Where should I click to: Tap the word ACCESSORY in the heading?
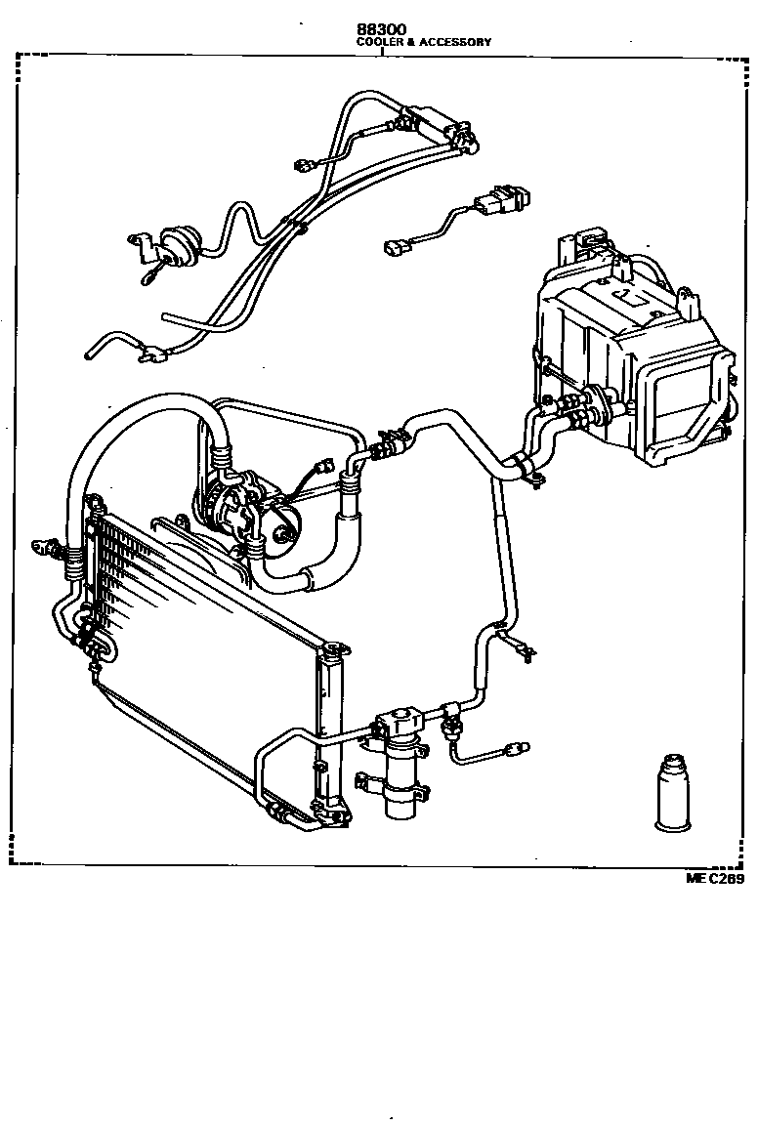[457, 43]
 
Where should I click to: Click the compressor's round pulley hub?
[283, 532]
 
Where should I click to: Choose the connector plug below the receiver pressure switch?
[514, 749]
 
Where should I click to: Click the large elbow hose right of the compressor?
[332, 547]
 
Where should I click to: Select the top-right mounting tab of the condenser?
[338, 647]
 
